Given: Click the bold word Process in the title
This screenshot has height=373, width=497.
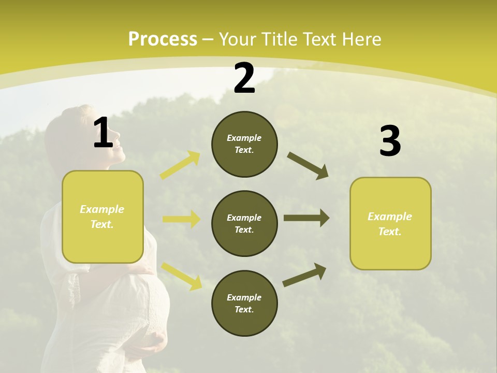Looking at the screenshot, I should pyautogui.click(x=163, y=39).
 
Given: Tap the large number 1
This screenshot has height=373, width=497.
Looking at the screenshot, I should pyautogui.click(x=103, y=134).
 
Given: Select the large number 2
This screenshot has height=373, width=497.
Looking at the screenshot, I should pyautogui.click(x=244, y=79).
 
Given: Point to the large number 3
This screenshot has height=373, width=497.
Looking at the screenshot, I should pyautogui.click(x=390, y=141).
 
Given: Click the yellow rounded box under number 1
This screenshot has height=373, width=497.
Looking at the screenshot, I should pyautogui.click(x=103, y=217).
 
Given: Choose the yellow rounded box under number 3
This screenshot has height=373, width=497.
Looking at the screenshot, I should pyautogui.click(x=390, y=224).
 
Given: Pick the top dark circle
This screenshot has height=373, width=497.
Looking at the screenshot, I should pyautogui.click(x=244, y=144).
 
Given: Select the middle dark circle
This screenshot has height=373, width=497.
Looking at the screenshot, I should pyautogui.click(x=244, y=224).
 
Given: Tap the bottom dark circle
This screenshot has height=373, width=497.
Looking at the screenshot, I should pyautogui.click(x=244, y=304).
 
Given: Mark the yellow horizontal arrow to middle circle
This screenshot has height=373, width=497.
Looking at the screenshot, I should pyautogui.click(x=181, y=219).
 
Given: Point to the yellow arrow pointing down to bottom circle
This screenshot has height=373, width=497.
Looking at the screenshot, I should pyautogui.click(x=181, y=276).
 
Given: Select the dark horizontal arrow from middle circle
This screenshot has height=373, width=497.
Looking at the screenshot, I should pyautogui.click(x=306, y=218).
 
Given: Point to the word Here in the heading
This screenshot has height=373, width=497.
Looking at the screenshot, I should pyautogui.click(x=362, y=39).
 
